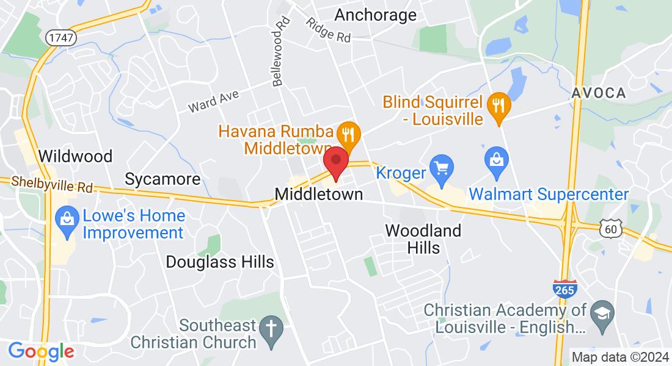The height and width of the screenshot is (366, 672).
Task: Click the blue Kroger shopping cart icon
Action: click(x=441, y=165)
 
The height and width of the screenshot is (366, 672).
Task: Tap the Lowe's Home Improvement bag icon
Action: click(x=65, y=218)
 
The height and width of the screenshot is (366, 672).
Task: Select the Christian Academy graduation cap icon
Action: click(x=603, y=311)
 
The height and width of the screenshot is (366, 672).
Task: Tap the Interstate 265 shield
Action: click(x=564, y=289)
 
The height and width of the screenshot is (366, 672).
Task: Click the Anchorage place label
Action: click(x=376, y=15)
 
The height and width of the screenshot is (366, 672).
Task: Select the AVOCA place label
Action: click(x=599, y=93)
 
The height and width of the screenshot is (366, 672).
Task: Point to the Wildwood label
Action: click(x=75, y=156)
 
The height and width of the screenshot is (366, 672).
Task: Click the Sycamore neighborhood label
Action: click(x=163, y=179)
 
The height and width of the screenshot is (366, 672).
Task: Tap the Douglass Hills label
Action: click(x=220, y=262)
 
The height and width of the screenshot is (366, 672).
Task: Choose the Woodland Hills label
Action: click(x=423, y=239)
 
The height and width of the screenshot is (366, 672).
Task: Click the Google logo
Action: click(x=41, y=351)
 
